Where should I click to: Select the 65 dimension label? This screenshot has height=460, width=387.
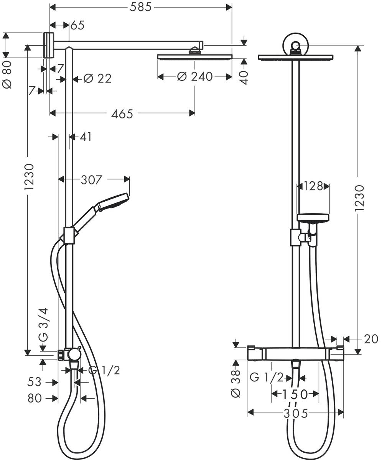[x=77, y=25]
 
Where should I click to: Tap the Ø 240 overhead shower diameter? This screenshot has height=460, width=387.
[x=194, y=77]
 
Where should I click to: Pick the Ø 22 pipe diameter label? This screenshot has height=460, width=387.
[x=97, y=79]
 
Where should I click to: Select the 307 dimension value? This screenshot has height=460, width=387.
[x=91, y=179]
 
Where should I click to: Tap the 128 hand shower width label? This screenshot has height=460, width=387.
[x=313, y=186]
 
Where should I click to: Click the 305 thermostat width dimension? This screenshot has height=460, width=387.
[x=296, y=413]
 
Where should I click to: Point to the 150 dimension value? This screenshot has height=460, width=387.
[x=295, y=394]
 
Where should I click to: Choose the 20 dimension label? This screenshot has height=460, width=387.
[x=371, y=339]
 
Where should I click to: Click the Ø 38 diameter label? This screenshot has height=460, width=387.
[x=235, y=383]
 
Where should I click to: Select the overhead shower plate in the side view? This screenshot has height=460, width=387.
[x=194, y=57]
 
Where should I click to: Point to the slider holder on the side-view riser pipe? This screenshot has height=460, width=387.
[x=69, y=235]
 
